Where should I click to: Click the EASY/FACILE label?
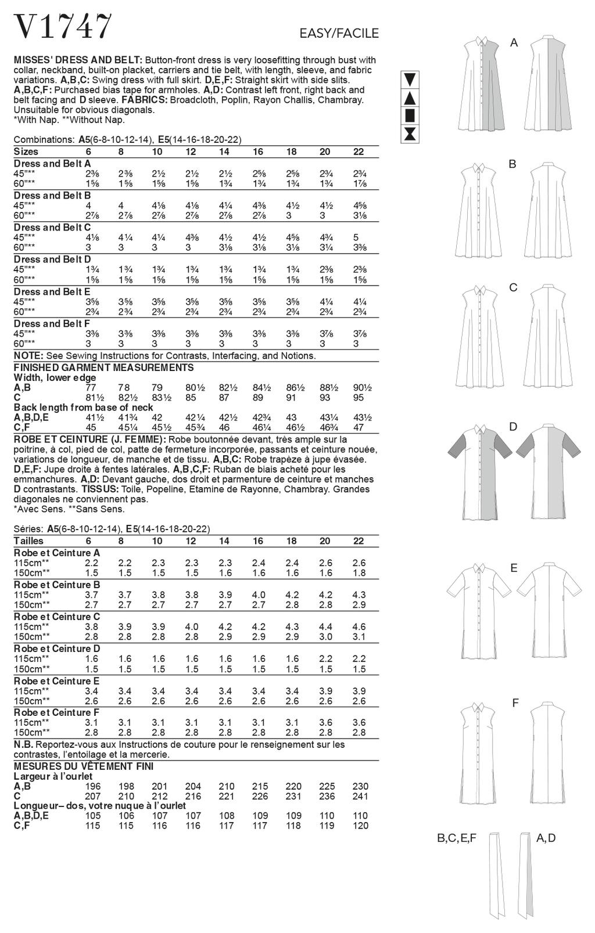[339, 34]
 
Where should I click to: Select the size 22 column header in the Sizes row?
[359, 152]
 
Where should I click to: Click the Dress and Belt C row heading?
[52, 228]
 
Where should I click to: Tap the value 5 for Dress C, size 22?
[356, 237]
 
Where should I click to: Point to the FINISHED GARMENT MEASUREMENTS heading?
[104, 368]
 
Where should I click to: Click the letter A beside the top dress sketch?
[514, 42]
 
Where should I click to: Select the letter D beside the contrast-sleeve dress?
[513, 427]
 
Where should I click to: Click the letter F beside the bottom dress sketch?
[515, 704]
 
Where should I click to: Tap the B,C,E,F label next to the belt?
[457, 838]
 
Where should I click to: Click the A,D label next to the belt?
[546, 838]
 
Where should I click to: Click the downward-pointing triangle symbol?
[410, 79]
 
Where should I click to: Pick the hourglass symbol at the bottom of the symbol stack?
[410, 134]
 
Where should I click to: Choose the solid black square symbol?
[410, 115]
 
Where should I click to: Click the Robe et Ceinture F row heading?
[56, 712]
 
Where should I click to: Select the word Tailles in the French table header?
[28, 541]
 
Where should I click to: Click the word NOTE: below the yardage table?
[28, 355]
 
